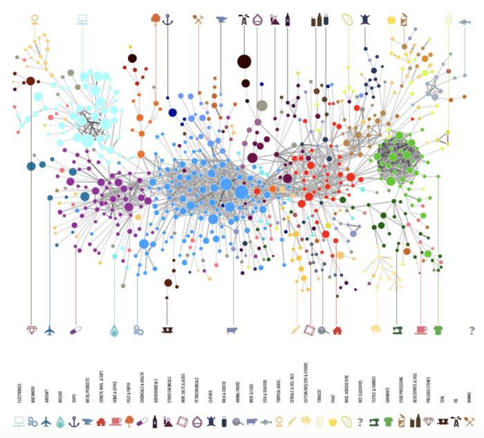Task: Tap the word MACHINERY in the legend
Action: (x=32, y=393)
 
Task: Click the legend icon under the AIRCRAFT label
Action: (x=46, y=421)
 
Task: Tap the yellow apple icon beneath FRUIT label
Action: (x=333, y=421)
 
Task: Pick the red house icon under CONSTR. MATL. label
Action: (x=101, y=421)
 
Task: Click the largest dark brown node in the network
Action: (x=243, y=62)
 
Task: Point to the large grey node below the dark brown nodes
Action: (x=262, y=106)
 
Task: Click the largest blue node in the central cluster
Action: (x=241, y=192)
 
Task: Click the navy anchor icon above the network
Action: (x=167, y=19)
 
